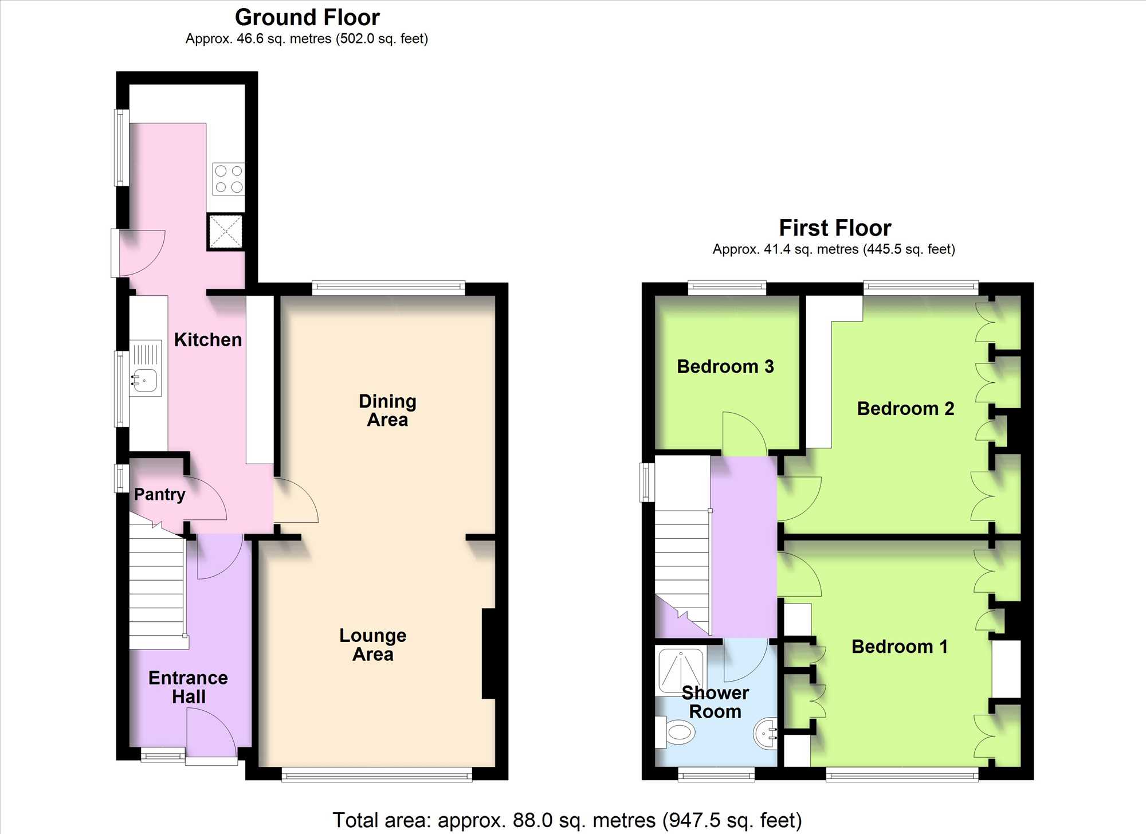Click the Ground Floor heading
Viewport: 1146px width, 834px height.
[x=307, y=18]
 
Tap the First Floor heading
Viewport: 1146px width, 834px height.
[x=835, y=228]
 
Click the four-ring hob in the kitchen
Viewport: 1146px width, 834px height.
[x=229, y=179]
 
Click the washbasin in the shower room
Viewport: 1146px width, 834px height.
[x=766, y=734]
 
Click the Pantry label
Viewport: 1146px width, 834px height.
[x=159, y=495]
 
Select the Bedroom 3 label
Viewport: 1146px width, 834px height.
[x=725, y=367]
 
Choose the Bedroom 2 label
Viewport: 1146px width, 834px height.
[x=905, y=409]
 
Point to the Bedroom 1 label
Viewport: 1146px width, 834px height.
[x=899, y=647]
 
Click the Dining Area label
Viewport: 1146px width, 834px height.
[x=387, y=410]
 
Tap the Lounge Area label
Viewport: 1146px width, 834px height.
[x=372, y=645]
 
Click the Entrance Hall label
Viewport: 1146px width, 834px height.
[x=188, y=687]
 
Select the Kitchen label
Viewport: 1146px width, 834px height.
[x=207, y=340]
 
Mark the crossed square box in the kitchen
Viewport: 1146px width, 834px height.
[x=225, y=232]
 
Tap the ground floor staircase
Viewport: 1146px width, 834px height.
[x=157, y=585]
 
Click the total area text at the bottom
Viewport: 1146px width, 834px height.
[x=567, y=820]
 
